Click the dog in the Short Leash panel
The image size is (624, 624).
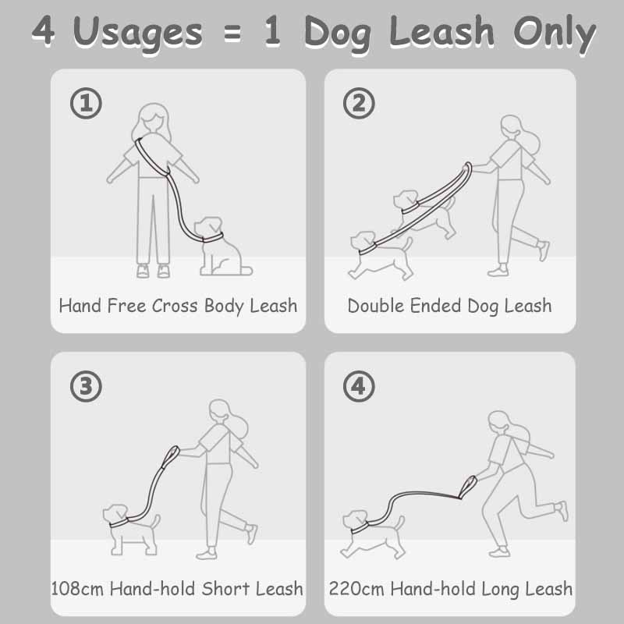129,524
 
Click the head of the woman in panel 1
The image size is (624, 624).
151,121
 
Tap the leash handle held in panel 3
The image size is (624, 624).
171,456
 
